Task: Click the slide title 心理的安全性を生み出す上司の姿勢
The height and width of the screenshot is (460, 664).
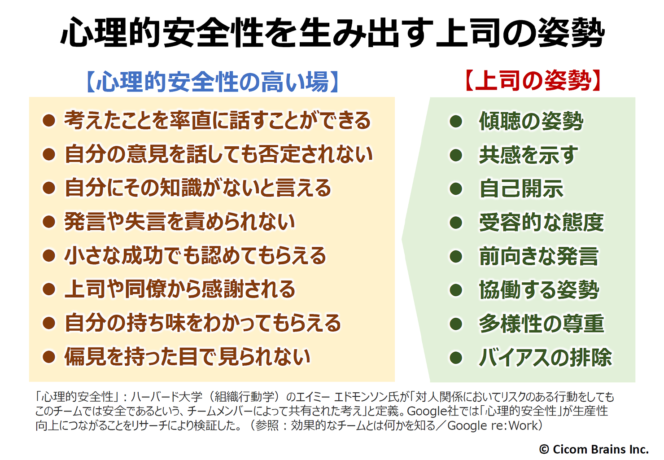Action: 332,33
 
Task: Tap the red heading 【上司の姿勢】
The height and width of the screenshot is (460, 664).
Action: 533,80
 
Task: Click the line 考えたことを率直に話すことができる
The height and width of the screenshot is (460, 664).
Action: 217,120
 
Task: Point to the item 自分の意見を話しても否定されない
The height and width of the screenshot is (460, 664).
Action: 218,154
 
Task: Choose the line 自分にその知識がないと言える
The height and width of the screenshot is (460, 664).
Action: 198,188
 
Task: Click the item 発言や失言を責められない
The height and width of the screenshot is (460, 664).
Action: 179,222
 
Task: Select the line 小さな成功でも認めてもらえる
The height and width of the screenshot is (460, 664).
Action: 195,255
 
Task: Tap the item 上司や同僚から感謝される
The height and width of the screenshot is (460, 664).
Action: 179,289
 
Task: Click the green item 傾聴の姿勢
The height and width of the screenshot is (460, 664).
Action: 531,121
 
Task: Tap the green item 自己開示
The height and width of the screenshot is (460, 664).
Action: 521,188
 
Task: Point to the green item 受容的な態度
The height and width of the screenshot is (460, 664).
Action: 542,222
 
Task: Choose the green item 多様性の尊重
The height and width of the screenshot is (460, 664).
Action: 542,323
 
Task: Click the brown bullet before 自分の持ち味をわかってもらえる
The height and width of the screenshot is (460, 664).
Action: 49,323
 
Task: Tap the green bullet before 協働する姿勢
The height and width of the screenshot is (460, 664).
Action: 456,290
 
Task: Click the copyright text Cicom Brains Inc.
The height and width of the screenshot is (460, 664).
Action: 594,449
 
